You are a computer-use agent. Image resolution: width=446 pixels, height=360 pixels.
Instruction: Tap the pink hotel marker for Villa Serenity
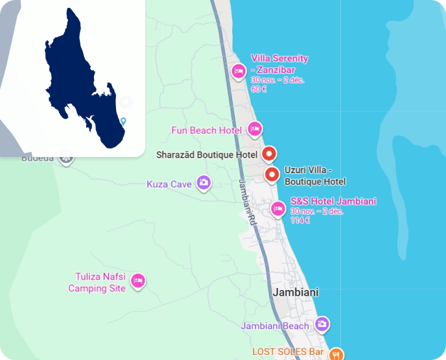click(x=238, y=70)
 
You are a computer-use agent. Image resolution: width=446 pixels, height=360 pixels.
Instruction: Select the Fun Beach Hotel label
click(x=206, y=130)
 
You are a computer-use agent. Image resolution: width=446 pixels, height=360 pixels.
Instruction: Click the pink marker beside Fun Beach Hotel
click(x=255, y=130)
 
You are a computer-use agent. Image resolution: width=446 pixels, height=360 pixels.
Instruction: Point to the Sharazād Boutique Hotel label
click(x=207, y=155)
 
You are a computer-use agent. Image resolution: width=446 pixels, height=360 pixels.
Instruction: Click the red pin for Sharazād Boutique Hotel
click(x=270, y=154)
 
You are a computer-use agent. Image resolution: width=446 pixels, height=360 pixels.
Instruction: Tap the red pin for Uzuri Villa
click(x=272, y=174)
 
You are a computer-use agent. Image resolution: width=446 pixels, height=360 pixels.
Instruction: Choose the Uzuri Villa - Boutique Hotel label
click(x=315, y=176)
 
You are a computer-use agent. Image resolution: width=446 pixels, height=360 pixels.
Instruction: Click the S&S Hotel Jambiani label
click(x=333, y=201)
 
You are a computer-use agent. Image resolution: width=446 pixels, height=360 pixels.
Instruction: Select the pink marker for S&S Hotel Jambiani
click(x=278, y=208)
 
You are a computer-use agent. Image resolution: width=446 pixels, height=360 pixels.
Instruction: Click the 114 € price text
click(x=299, y=221)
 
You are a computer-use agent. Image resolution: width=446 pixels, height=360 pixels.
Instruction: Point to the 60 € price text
click(x=259, y=89)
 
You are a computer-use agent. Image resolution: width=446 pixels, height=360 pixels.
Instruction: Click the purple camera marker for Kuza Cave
click(x=204, y=184)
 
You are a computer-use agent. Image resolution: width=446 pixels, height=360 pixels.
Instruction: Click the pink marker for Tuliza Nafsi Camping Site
click(x=137, y=281)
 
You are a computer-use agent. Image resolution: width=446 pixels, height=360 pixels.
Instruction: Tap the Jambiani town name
click(x=296, y=293)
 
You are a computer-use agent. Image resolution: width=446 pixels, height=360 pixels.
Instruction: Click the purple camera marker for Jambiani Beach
click(x=322, y=324)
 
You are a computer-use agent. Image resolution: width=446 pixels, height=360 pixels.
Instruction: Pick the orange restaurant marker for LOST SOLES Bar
click(x=336, y=354)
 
